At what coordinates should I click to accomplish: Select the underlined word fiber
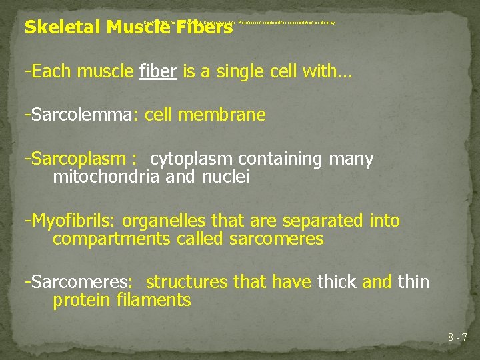(x=158, y=72)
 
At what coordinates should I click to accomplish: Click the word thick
(x=337, y=282)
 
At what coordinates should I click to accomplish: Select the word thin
(x=413, y=282)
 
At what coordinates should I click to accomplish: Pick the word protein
(x=77, y=299)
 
